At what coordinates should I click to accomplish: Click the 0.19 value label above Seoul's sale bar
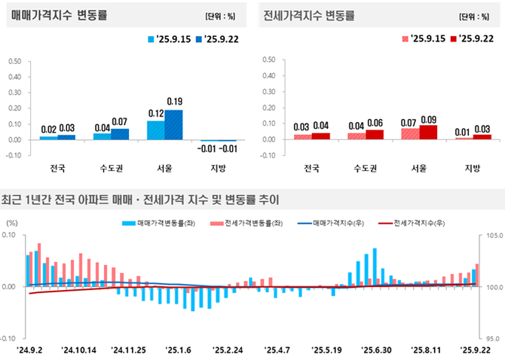175,102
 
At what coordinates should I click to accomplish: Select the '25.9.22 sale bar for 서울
174,125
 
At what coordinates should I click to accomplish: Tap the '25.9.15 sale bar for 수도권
102,136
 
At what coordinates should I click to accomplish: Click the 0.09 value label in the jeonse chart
429,118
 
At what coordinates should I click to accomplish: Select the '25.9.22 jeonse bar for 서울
428,133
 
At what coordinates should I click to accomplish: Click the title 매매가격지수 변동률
58,14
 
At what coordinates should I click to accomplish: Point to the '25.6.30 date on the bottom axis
375,350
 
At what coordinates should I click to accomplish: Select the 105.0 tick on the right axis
488,236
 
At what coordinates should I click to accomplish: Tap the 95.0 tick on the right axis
488,339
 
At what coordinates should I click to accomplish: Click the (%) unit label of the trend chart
12,223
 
